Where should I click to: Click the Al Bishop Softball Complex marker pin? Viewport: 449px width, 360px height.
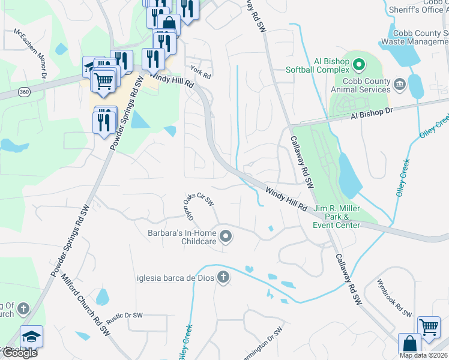click(359, 63)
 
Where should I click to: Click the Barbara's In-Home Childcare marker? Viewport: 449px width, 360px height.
click(226, 236)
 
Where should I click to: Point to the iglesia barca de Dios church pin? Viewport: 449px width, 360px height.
click(223, 277)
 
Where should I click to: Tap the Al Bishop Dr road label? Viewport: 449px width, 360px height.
click(372, 112)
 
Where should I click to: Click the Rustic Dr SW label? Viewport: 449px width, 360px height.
click(124, 316)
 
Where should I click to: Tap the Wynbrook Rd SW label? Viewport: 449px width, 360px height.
click(394, 298)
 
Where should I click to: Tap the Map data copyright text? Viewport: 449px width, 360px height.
click(423, 355)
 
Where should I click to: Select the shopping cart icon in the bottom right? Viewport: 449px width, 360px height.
click(428, 328)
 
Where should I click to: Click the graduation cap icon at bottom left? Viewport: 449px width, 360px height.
click(31, 336)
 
